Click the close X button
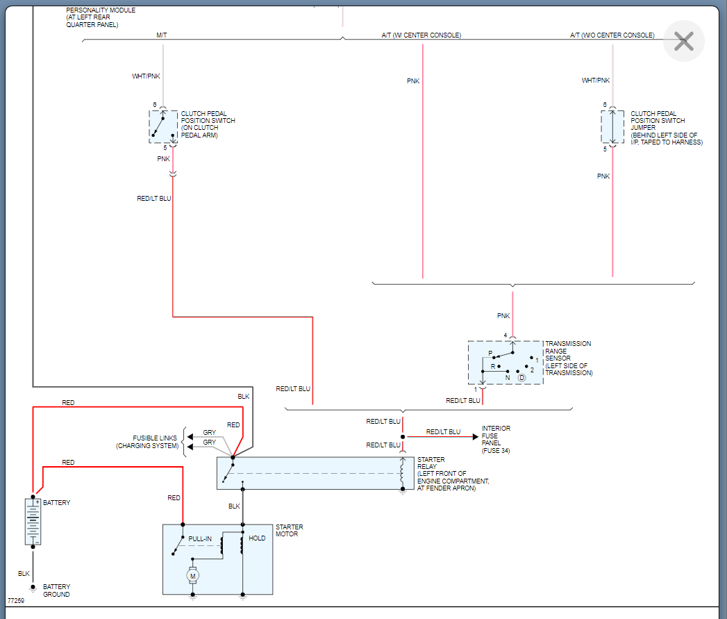[683, 42]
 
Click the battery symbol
[33, 521]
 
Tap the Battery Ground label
[56, 591]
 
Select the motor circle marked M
[193, 575]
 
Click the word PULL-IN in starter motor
[200, 538]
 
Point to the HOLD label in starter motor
[257, 538]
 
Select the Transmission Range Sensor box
[505, 363]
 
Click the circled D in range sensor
[521, 377]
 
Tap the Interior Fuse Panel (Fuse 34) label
[496, 440]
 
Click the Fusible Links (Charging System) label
[147, 442]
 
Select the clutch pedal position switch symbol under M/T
[163, 126]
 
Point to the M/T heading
[162, 35]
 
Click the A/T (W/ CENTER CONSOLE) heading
[421, 35]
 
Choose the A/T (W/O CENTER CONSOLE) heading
[612, 35]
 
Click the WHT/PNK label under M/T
[147, 76]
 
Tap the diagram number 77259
[16, 600]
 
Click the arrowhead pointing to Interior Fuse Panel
[475, 437]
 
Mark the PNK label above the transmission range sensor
[503, 315]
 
